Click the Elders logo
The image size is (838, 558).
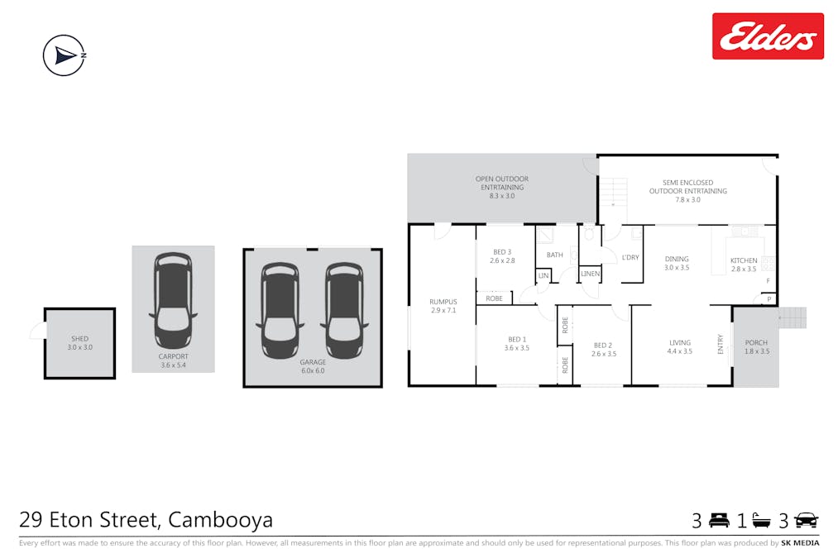pos(768,36)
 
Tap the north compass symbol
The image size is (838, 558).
pos(65,55)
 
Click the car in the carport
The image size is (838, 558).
pos(173,301)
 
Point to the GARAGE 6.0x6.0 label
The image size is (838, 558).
pos(313,366)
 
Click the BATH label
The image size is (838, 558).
pos(555,255)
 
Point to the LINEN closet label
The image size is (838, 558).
pos(590,274)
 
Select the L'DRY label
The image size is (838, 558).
pos(630,257)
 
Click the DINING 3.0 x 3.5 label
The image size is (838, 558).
pos(677,263)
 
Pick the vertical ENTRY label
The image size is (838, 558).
pos(720,344)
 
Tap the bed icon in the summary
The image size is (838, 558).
pos(719,520)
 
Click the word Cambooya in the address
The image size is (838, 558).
pos(220,519)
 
